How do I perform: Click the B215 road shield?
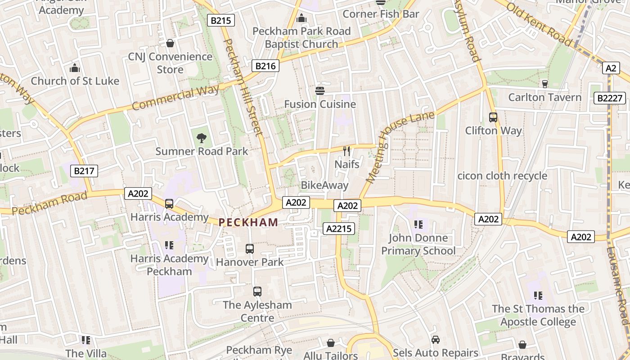click(220, 20)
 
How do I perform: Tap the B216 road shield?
click(265, 66)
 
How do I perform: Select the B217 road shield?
click(85, 171)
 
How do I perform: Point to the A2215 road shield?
click(339, 229)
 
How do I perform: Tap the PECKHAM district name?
click(248, 222)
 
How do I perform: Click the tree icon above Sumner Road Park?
click(202, 138)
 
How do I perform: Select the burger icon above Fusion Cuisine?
click(320, 91)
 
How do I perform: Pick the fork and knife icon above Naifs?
click(346, 151)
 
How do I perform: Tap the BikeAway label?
click(324, 185)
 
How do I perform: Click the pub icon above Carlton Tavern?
click(545, 84)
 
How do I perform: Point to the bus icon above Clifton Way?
click(493, 117)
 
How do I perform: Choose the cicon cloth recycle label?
click(502, 176)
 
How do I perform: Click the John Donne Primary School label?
click(418, 244)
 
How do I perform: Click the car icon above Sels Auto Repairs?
click(435, 339)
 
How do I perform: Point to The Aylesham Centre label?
click(257, 311)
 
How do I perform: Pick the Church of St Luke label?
click(75, 81)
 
